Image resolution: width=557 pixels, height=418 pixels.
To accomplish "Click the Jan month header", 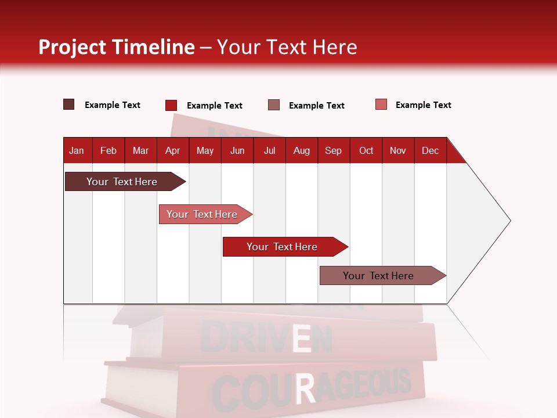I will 77,150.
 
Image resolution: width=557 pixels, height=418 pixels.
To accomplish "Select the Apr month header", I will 172,150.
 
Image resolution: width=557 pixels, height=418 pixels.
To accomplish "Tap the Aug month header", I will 301,150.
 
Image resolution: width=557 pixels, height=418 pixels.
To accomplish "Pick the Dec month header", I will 430,150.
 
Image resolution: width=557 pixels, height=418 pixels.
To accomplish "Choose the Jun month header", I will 237,150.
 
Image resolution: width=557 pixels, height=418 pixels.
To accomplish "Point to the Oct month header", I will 366,150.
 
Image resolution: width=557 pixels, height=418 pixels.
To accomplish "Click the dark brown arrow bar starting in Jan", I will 122,182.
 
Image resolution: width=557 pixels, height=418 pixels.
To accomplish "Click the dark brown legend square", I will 68,105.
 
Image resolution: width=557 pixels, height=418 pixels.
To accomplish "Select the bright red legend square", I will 171,105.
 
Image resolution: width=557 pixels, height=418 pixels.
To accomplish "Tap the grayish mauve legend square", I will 273,105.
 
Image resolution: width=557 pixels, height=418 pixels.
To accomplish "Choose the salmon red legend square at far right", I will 381,105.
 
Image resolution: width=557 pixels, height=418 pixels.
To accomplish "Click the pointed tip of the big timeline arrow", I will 509,221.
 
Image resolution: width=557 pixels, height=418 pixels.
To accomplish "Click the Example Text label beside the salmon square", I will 423,105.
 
